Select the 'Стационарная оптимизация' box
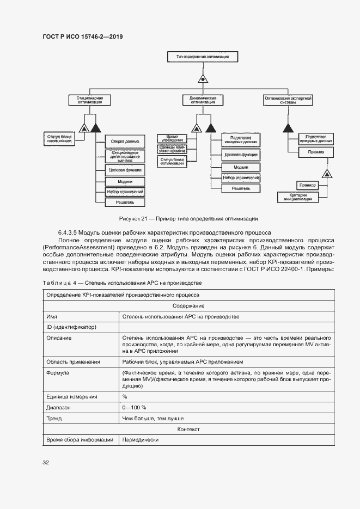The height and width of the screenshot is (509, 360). [90, 100]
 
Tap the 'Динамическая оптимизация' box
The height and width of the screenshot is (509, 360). [202, 100]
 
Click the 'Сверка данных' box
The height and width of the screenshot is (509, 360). [125, 142]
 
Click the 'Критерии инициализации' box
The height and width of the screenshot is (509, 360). [298, 198]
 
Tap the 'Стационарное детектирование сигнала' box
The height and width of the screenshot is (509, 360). [125, 157]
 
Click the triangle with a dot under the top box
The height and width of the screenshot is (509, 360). [203, 78]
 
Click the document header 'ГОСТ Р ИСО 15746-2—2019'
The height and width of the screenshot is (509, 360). [82, 36]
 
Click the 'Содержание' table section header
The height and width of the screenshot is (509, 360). [188, 306]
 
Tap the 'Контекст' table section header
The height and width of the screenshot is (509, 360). [188, 430]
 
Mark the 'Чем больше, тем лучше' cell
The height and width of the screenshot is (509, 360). [153, 419]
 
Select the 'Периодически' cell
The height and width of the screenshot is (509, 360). [140, 440]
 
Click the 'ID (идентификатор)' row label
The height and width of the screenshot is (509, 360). [71, 327]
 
